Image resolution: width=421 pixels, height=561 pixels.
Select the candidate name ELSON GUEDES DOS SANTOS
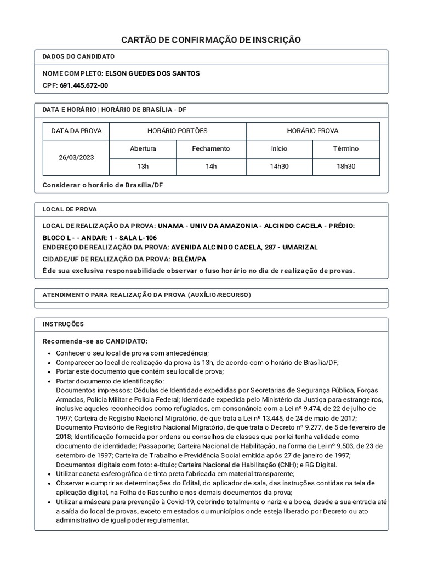[152, 73]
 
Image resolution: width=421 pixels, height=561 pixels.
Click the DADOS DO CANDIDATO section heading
[78, 56]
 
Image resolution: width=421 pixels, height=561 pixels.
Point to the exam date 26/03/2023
[76, 157]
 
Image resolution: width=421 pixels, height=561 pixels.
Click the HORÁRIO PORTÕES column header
[178, 131]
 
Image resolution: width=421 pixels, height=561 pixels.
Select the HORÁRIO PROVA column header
[312, 131]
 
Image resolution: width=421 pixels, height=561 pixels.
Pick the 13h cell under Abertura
[143, 167]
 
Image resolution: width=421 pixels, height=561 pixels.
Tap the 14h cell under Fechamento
[211, 167]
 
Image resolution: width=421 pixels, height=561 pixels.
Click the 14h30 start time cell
[279, 167]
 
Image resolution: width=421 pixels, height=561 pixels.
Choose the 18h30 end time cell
[346, 167]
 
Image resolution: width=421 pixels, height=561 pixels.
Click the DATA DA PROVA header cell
[76, 131]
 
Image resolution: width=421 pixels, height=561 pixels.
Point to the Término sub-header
[346, 148]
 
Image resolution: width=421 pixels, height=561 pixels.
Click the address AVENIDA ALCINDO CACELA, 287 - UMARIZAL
[244, 248]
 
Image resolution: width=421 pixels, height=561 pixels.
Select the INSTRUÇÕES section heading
[63, 324]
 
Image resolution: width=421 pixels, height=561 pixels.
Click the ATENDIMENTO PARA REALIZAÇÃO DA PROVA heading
[146, 295]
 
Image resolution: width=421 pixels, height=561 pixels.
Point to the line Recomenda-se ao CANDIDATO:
[95, 341]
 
